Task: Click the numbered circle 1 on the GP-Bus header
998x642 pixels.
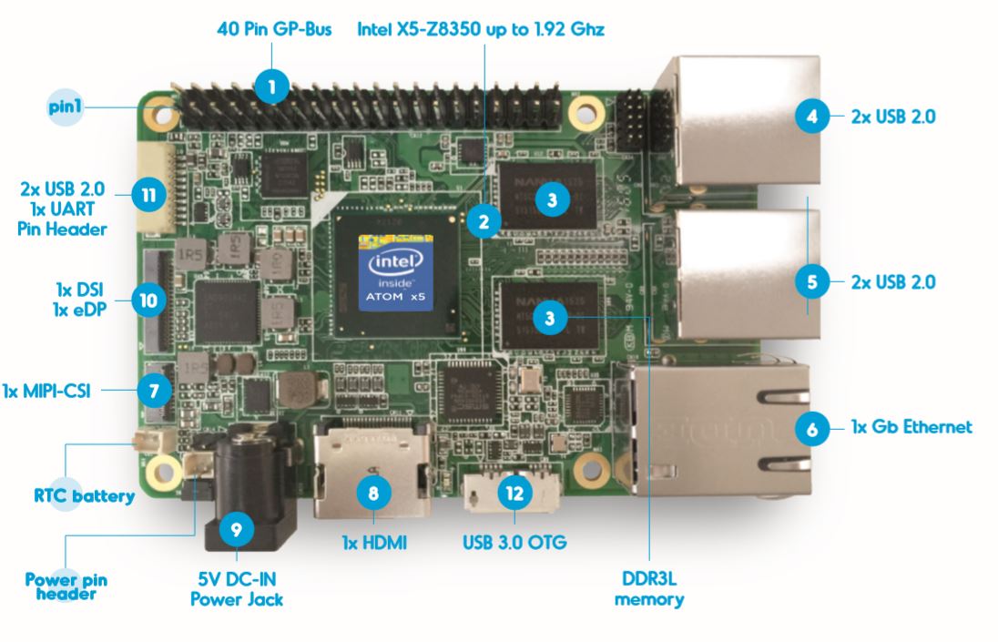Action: [x=271, y=88]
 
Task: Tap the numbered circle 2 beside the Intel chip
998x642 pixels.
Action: [x=484, y=220]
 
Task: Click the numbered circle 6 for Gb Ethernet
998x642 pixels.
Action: [x=812, y=427]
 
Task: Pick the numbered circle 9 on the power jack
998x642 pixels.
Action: [x=236, y=526]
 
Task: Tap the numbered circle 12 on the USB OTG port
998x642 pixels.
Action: [x=514, y=492]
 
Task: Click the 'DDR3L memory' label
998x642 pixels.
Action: [x=649, y=590]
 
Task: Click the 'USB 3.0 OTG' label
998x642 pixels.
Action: [x=515, y=544]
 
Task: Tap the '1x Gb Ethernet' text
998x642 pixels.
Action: [x=911, y=425]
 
